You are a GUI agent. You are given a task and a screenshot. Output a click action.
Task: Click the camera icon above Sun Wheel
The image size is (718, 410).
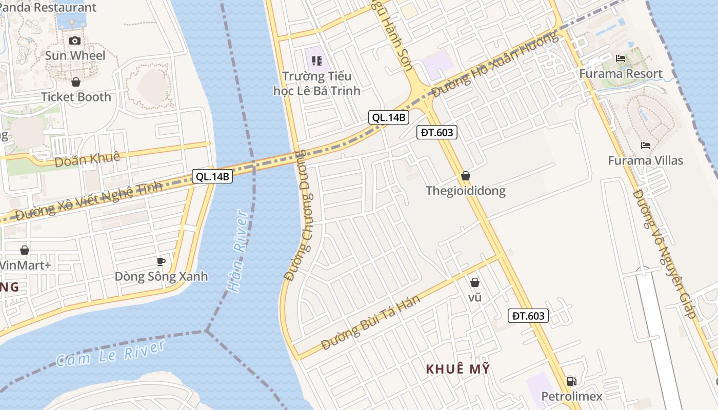75,40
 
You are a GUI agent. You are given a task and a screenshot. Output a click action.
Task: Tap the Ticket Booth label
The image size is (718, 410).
76,97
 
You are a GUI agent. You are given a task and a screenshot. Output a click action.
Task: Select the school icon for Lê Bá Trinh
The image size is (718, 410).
316,61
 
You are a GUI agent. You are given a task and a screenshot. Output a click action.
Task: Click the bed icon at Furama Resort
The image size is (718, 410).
621,58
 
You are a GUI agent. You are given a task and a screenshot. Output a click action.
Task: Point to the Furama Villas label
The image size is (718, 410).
645,160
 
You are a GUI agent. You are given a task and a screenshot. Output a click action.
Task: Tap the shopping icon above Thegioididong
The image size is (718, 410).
465,176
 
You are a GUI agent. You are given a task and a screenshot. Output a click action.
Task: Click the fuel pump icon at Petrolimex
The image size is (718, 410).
571,381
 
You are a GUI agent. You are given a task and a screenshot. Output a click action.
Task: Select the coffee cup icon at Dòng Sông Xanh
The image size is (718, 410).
161,261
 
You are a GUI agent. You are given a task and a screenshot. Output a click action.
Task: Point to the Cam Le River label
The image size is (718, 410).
111,353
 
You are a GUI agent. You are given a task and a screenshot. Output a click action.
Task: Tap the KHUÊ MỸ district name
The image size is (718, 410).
458,369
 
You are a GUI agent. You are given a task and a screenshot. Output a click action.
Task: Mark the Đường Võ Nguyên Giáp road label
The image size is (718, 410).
666,254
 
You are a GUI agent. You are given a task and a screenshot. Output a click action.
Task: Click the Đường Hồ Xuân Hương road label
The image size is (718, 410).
494,65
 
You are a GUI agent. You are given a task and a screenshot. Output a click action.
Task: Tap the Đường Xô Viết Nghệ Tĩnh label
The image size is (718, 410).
89,201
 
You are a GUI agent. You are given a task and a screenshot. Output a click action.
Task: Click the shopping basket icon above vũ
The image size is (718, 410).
475,282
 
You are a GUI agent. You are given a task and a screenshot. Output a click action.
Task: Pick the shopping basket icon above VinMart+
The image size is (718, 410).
24,250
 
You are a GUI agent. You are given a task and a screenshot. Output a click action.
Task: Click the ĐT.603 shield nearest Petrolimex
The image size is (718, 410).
528,316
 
